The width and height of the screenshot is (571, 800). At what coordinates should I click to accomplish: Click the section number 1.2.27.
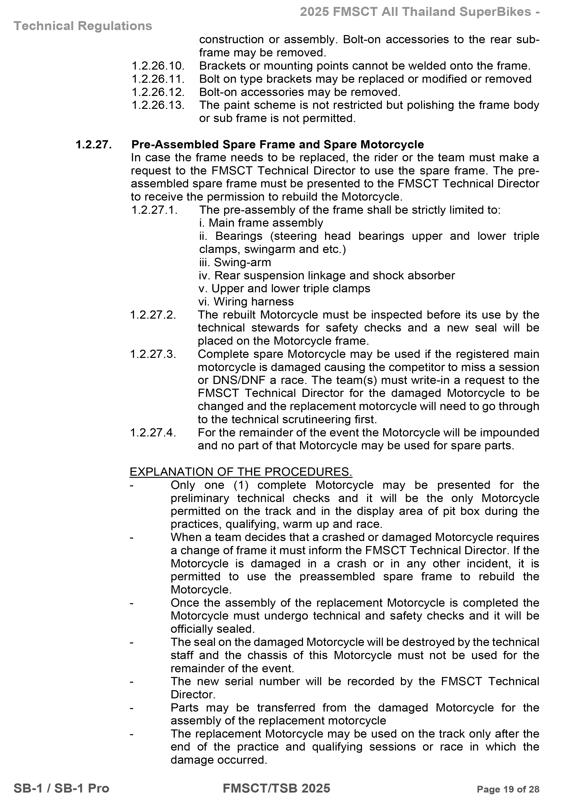tap(94, 144)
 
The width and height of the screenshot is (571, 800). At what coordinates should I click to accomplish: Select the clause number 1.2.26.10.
tap(158, 66)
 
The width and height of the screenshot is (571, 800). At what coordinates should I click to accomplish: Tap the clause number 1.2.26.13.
tap(158, 105)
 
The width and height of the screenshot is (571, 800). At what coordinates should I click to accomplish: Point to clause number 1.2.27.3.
tap(153, 354)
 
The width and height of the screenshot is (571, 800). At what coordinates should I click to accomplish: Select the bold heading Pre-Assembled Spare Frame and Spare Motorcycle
tap(277, 144)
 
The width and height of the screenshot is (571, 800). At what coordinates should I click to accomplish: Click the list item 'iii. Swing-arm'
tap(235, 262)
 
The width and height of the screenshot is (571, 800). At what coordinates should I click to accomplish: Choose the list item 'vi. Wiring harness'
tap(246, 301)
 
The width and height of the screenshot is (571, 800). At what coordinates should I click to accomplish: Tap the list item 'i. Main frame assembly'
tap(261, 223)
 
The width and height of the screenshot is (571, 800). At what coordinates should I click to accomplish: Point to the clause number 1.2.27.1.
tap(154, 210)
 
